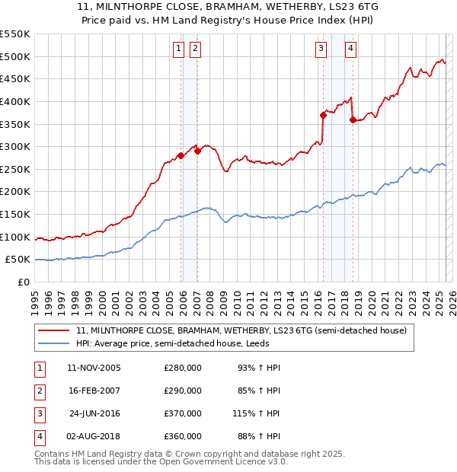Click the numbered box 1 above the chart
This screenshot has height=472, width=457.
click(178, 49)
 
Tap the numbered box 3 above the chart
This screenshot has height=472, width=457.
click(321, 49)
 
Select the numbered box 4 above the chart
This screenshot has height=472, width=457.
click(350, 49)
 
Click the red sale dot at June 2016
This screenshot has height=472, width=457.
click(323, 115)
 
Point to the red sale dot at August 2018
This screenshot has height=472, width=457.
click(352, 120)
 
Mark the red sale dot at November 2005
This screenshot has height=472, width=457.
click(181, 155)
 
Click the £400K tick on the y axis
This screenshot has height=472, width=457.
click(15, 101)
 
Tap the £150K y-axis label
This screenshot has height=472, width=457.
click(15, 214)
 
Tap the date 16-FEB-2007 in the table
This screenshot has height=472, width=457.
click(94, 391)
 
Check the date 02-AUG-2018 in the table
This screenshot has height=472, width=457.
click(94, 438)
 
